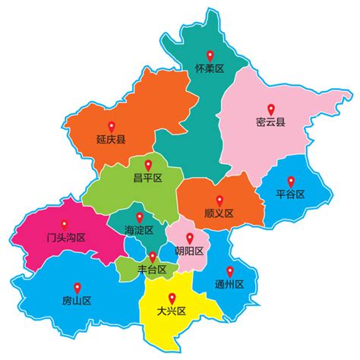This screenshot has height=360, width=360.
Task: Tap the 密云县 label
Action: click(271, 122)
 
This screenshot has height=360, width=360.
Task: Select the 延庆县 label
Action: click(111, 140)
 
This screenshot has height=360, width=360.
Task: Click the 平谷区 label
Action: click(290, 194)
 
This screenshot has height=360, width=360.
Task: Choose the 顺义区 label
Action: click(219, 213)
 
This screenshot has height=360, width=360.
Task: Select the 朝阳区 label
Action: click(188, 251)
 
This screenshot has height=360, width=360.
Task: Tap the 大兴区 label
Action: click(171, 311)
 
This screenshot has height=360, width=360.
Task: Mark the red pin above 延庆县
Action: click(111, 125)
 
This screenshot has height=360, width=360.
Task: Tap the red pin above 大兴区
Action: click(171, 296)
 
